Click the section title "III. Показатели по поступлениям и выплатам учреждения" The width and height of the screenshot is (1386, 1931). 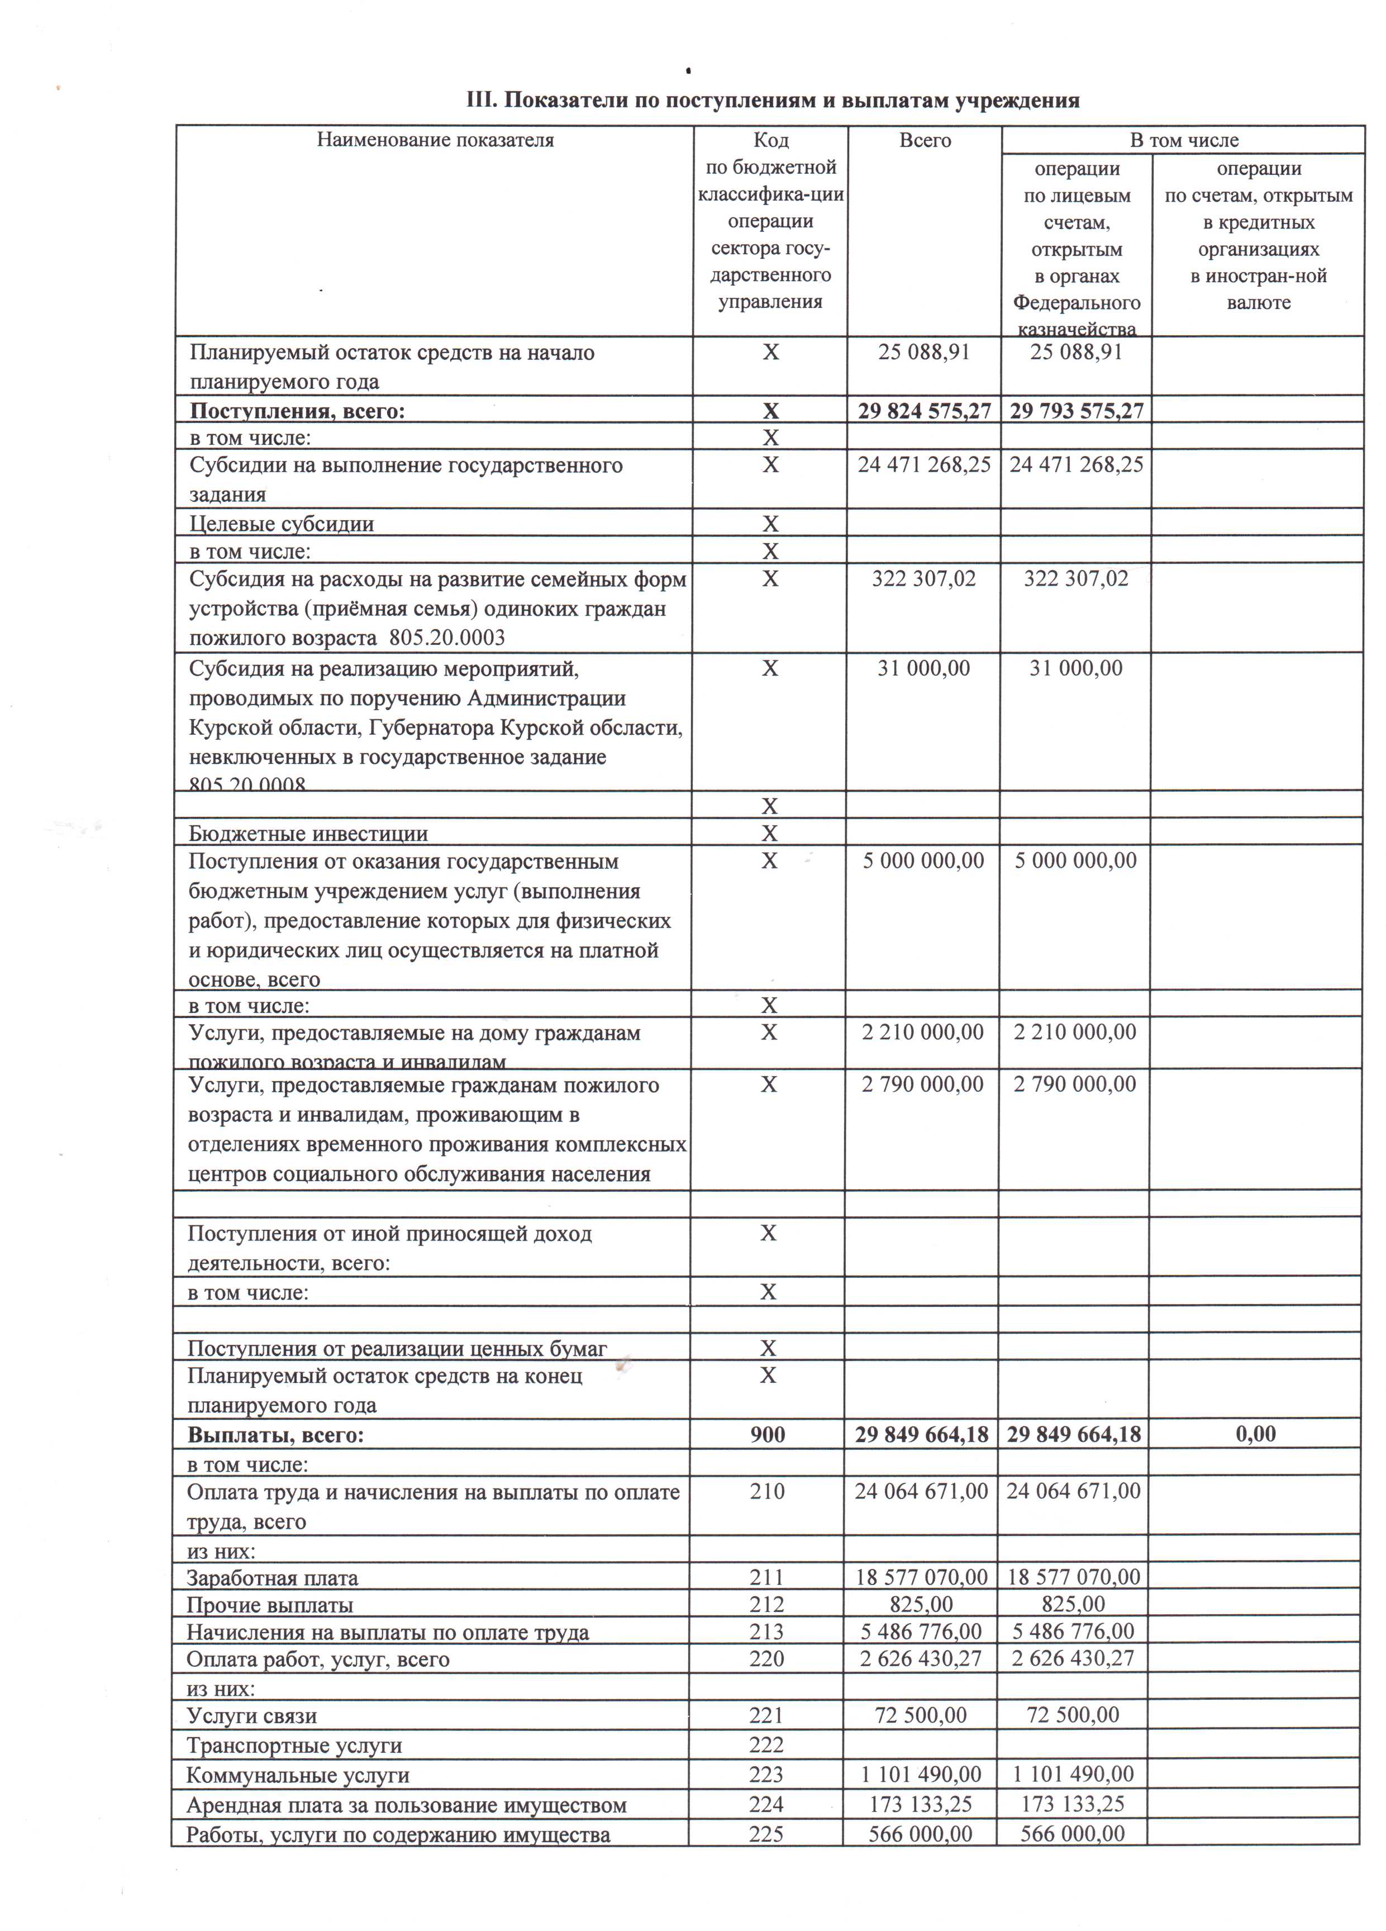pos(773,101)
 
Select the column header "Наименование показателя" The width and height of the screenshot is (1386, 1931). pos(435,140)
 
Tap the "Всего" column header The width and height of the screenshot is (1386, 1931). pos(925,140)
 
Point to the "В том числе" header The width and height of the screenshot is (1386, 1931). pos(1183,140)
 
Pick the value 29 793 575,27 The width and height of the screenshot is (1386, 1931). pos(1076,411)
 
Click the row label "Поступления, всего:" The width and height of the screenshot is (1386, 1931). pos(297,411)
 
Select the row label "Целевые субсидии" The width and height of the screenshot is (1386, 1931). pos(281,524)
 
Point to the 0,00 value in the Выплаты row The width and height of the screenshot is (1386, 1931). pos(1256,1435)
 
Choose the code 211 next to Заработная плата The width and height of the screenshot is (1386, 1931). pos(766,1578)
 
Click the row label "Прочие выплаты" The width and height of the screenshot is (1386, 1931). pos(269,1605)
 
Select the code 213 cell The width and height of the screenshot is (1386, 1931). pos(766,1632)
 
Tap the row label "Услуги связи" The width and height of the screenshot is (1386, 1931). pos(251,1715)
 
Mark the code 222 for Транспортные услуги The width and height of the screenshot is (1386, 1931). pos(766,1744)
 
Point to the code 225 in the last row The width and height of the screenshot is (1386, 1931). pos(766,1833)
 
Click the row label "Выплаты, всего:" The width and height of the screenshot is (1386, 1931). pos(275,1435)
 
